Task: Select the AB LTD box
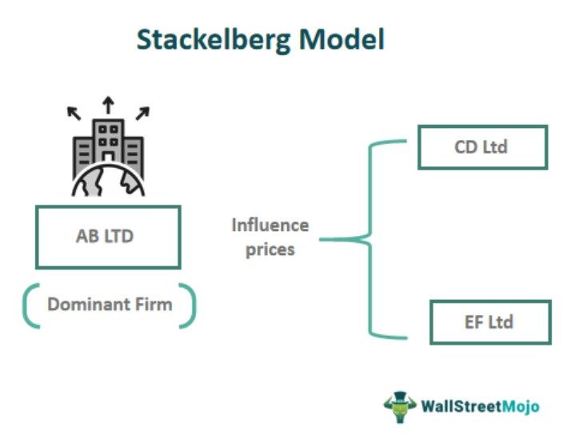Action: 108,237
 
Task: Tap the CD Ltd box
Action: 482,147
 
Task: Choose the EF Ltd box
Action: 490,323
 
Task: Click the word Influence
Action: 270,225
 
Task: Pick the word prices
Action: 270,249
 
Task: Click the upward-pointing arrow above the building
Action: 108,104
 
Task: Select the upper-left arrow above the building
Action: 74,113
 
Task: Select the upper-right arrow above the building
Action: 142,113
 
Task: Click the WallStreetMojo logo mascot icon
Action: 399,406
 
